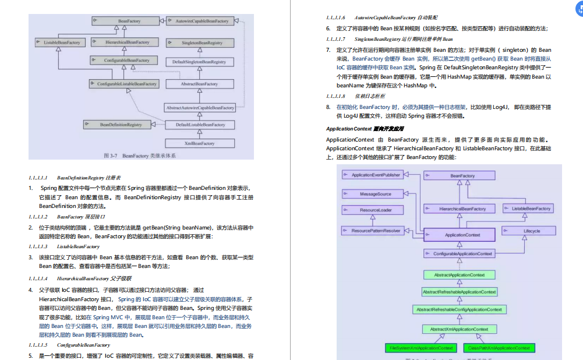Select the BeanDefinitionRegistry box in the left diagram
[121, 125]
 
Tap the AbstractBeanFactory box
[200, 84]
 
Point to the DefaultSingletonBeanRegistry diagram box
[200, 61]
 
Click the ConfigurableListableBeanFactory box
[127, 84]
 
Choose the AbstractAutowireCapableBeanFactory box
[200, 108]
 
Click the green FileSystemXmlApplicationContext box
[421, 348]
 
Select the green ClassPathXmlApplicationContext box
[499, 348]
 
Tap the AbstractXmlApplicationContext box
[459, 329]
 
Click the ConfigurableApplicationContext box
[459, 254]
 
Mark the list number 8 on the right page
[328, 107]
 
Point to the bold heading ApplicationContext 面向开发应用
[365, 129]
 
